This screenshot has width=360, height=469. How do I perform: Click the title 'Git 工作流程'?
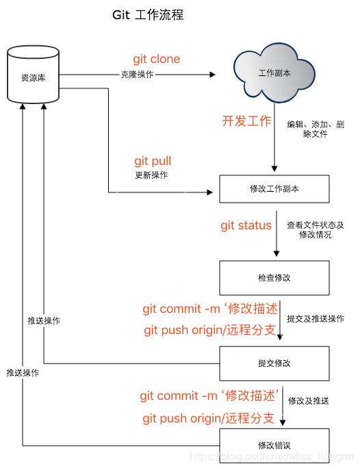tap(148, 15)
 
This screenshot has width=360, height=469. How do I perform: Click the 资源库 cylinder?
tap(33, 76)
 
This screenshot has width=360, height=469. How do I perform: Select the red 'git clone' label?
tap(156, 59)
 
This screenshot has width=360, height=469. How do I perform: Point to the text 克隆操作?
tap(137, 75)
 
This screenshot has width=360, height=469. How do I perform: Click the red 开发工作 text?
tap(246, 121)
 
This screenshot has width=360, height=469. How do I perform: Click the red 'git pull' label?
tap(152, 161)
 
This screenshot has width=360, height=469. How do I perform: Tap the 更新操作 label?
tap(151, 175)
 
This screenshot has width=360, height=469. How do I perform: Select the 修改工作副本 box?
tap(274, 189)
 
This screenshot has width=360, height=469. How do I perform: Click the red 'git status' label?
tap(246, 225)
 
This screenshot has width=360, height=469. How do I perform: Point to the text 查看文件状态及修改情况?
tap(315, 229)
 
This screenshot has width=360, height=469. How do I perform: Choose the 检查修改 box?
tap(274, 278)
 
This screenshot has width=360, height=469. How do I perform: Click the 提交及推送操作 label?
tap(316, 319)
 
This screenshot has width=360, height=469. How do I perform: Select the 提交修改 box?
tap(274, 363)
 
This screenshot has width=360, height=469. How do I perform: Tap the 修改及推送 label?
tap(309, 400)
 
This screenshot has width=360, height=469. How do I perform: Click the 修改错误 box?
tap(274, 445)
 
